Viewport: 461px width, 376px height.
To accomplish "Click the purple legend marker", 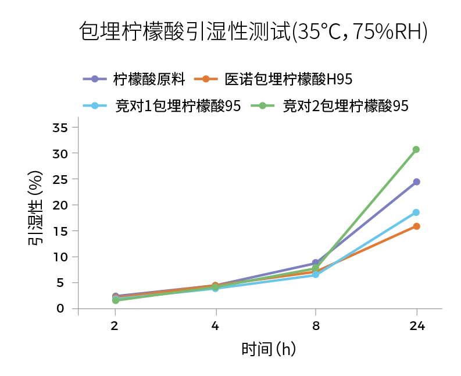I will click(93, 79).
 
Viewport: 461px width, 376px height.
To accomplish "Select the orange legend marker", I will click(205, 79).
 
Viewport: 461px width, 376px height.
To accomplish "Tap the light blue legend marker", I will click(93, 105).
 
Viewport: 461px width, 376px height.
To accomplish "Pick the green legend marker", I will click(262, 105).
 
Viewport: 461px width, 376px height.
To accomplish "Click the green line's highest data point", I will click(416, 150).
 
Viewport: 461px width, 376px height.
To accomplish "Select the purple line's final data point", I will click(416, 182).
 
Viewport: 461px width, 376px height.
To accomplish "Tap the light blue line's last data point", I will click(416, 212).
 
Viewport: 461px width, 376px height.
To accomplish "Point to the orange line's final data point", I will click(416, 226).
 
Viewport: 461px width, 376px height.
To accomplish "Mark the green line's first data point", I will click(115, 301).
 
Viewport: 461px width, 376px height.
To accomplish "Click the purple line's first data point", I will click(115, 295).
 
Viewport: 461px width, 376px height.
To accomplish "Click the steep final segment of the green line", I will click(366, 208).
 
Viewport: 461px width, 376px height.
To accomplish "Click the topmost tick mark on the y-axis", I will click(73, 127).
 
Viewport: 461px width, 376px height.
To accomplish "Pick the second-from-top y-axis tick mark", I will click(73, 152).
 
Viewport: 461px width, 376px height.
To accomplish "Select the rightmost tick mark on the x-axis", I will click(416, 313).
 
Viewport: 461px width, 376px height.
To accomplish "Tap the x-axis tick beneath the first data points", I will click(114, 313).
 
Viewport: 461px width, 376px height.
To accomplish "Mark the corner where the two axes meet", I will click(77, 309).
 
